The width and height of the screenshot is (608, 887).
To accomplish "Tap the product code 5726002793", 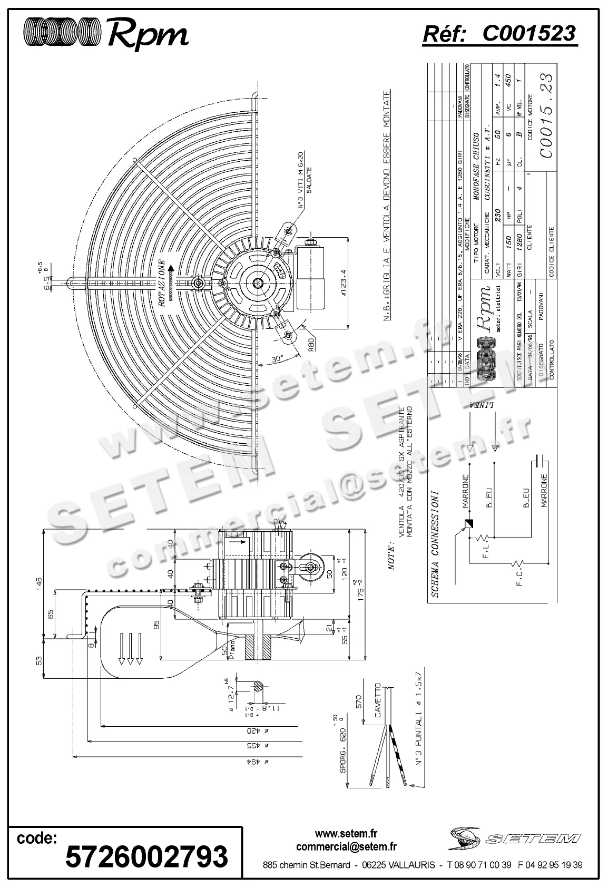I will click(146, 855).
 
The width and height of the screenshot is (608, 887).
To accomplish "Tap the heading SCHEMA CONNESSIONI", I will click(436, 543).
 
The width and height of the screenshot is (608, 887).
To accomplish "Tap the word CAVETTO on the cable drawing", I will click(377, 700).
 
